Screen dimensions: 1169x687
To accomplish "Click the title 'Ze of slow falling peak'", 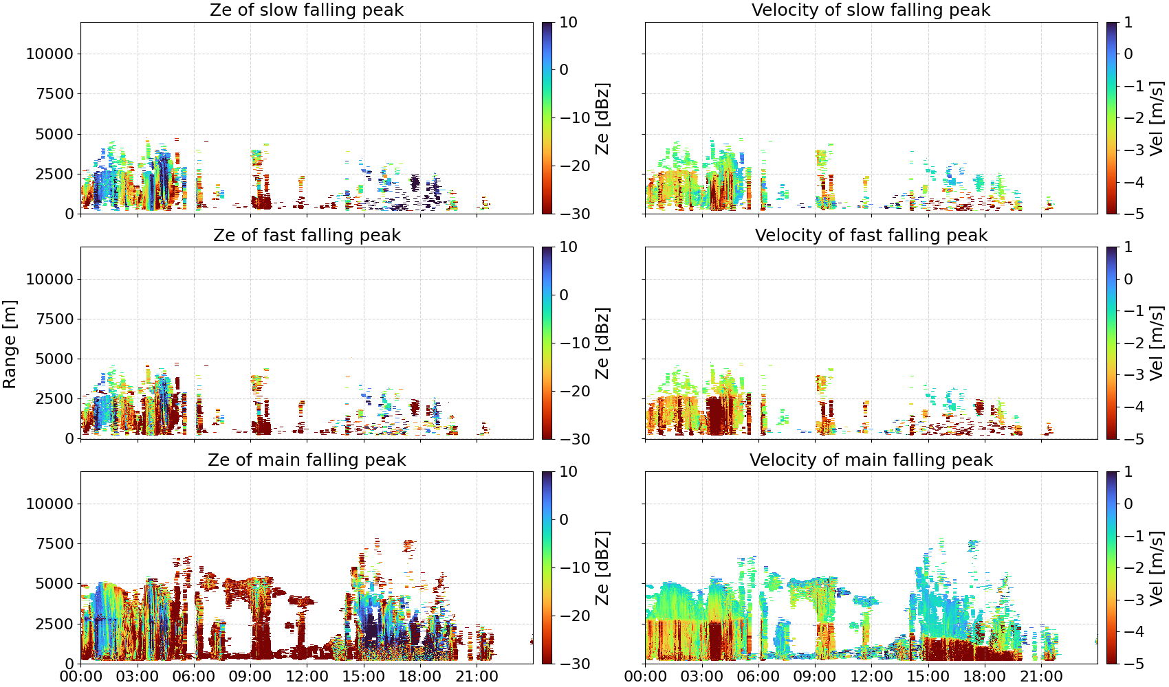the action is coord(307,10).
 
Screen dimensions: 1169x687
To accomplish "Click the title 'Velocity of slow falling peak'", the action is coord(871,10).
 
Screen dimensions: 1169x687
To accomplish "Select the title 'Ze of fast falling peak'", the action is coord(307,235).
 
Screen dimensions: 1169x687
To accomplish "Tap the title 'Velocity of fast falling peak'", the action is coord(871,235).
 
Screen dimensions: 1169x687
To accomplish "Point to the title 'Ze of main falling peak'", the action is coord(307,460).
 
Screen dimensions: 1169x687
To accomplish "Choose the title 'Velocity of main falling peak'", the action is coord(871,460).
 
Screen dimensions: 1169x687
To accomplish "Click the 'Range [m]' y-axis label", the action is coord(10,344).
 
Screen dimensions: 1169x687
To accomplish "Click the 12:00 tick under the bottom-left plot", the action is coord(307,677).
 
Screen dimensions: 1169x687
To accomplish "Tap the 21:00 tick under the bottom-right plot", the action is coord(1041,677).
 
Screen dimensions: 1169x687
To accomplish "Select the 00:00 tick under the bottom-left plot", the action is coord(81,677).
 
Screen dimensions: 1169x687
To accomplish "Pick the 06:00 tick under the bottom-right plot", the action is coord(758,677).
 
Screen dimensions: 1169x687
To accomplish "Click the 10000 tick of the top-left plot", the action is coord(50,54).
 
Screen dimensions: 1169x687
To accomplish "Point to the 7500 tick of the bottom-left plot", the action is coord(54,543).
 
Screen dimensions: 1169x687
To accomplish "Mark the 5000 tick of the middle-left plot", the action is coord(54,359).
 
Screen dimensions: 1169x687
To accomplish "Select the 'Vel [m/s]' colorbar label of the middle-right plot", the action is coord(1157,343).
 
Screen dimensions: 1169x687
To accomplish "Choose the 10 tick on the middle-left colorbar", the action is coord(568,247).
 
